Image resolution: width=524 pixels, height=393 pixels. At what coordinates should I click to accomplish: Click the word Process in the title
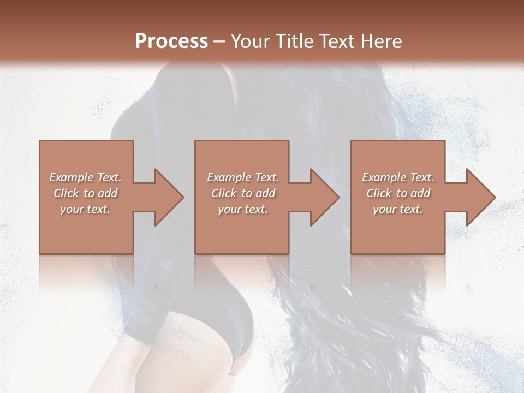pyautogui.click(x=171, y=41)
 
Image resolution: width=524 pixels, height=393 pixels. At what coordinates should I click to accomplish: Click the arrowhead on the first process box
pyautogui.click(x=166, y=197)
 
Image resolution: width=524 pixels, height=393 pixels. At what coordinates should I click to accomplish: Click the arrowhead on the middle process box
pyautogui.click(x=323, y=197)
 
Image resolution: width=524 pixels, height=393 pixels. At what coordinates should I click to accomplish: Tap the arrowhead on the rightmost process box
pyautogui.click(x=479, y=197)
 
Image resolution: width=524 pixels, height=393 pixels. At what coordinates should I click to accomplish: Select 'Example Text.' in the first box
pyautogui.click(x=86, y=177)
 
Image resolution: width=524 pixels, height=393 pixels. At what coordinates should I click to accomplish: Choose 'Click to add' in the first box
pyautogui.click(x=86, y=193)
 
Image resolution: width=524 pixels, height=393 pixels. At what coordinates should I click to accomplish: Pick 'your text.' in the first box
pyautogui.click(x=86, y=209)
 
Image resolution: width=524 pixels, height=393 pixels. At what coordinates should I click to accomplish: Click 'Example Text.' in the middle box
pyautogui.click(x=243, y=177)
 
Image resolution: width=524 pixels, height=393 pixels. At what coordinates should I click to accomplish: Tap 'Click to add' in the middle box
pyautogui.click(x=243, y=193)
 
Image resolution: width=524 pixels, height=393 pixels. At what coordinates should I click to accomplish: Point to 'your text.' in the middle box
pyautogui.click(x=243, y=209)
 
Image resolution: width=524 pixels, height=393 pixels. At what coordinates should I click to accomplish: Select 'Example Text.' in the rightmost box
pyautogui.click(x=398, y=177)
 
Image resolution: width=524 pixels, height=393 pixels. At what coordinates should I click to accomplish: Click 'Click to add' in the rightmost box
pyautogui.click(x=398, y=193)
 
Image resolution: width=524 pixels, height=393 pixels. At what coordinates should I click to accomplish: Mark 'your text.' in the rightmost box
pyautogui.click(x=398, y=209)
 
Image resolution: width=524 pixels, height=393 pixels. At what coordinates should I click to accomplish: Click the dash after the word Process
pyautogui.click(x=219, y=42)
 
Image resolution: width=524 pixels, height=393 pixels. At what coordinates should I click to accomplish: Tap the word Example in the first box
pyautogui.click(x=71, y=177)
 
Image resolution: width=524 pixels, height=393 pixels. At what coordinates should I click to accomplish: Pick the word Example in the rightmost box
pyautogui.click(x=384, y=177)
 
